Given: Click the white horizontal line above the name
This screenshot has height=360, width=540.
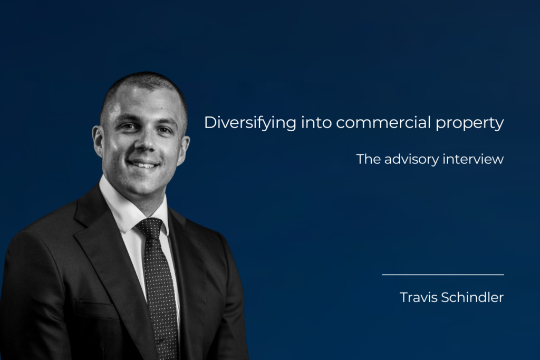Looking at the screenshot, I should pyautogui.click(x=443, y=275).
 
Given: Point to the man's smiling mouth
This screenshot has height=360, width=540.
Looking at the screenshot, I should pyautogui.click(x=143, y=164).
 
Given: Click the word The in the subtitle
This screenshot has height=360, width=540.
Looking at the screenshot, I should pyautogui.click(x=367, y=159).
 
